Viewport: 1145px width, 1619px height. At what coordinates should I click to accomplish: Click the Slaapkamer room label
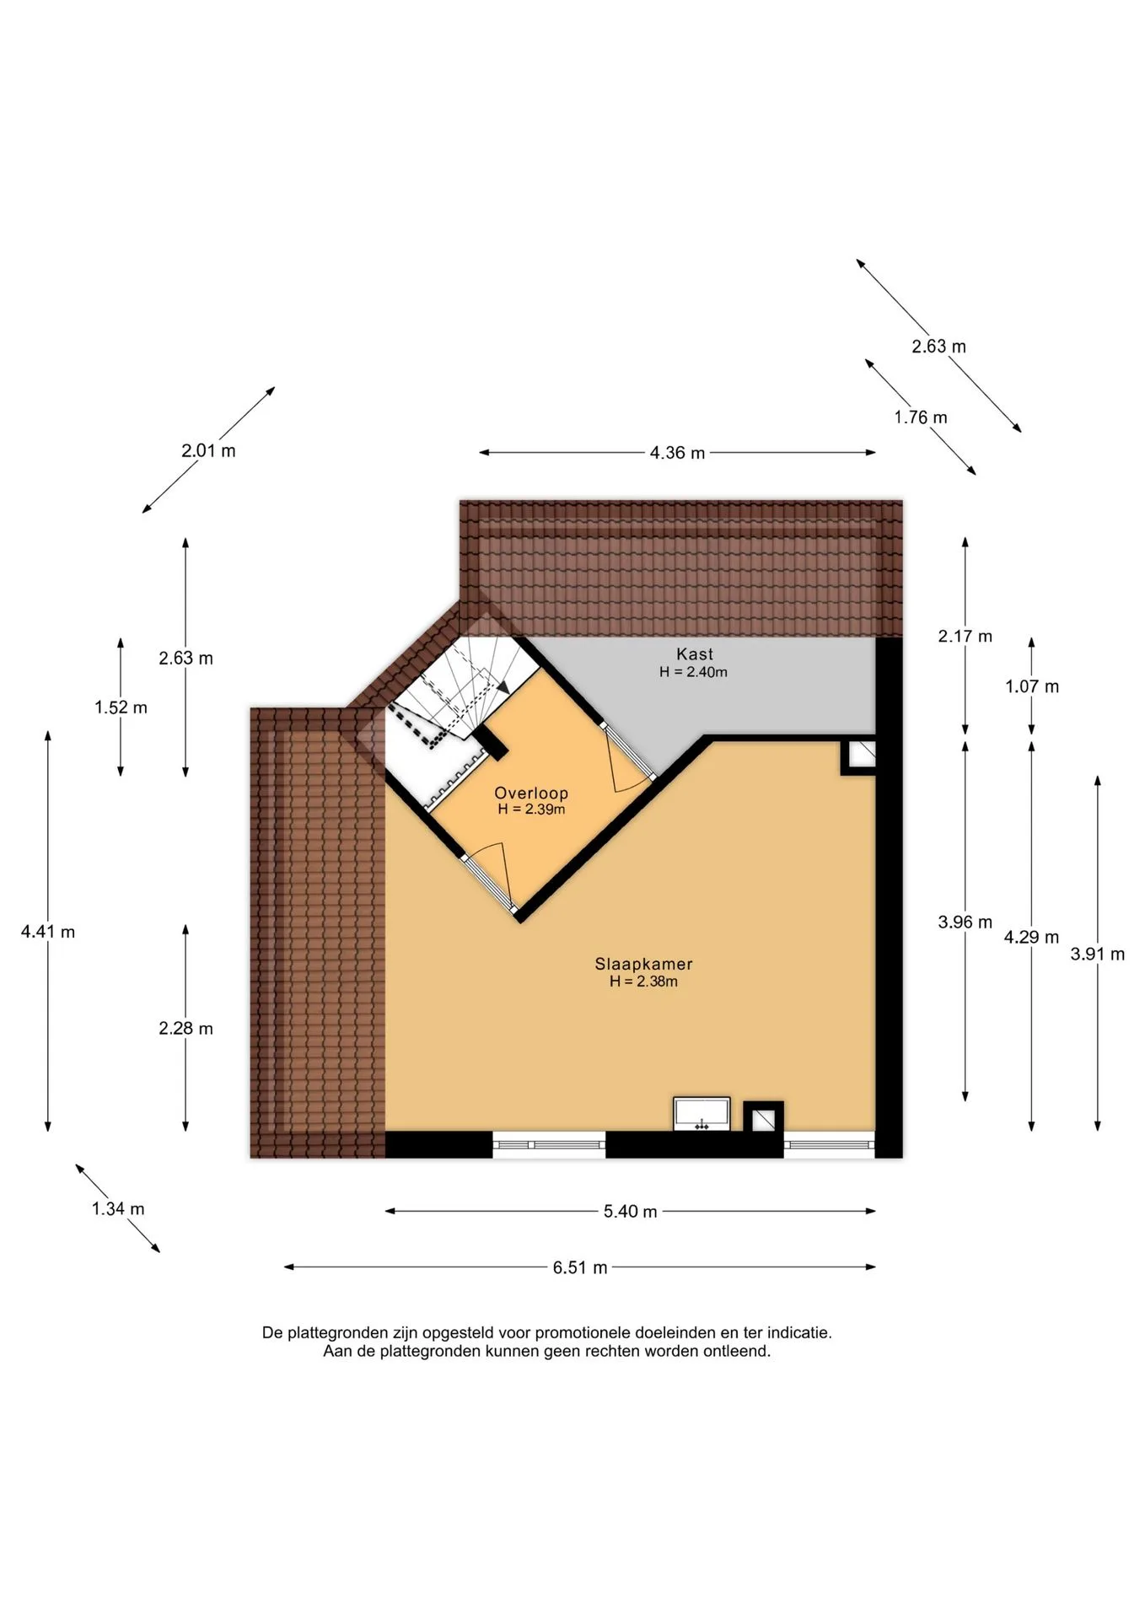point(643,964)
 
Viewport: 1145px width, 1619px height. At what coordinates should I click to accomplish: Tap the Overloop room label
point(531,793)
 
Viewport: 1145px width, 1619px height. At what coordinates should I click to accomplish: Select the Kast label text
point(694,654)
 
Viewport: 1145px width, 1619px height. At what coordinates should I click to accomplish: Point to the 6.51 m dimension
point(580,1267)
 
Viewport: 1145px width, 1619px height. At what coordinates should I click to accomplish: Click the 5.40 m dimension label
point(630,1212)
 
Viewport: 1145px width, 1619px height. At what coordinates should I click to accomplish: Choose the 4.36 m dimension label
point(677,453)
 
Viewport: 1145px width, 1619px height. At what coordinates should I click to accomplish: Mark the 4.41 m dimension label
point(48,932)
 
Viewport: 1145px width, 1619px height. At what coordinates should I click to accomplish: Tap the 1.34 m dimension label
point(118,1208)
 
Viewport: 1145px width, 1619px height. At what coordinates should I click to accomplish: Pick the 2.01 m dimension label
point(208,450)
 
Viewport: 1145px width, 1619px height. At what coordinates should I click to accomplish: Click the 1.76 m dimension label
point(921,417)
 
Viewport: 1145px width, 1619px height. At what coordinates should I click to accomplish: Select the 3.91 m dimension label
point(1098,955)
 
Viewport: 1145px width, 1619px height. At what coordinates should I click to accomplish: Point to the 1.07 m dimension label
point(1032,686)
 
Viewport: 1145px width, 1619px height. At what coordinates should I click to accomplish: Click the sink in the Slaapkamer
point(702,1113)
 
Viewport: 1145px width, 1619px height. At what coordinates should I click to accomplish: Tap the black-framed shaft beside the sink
point(763,1117)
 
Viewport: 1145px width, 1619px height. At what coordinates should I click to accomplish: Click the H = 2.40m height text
point(693,672)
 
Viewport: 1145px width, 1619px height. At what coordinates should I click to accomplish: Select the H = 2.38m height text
point(643,982)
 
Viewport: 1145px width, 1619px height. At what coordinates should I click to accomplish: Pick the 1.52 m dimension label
point(121,707)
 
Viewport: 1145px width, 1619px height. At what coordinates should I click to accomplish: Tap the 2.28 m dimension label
point(185,1028)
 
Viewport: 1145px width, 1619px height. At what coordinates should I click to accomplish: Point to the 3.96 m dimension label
point(965,922)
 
